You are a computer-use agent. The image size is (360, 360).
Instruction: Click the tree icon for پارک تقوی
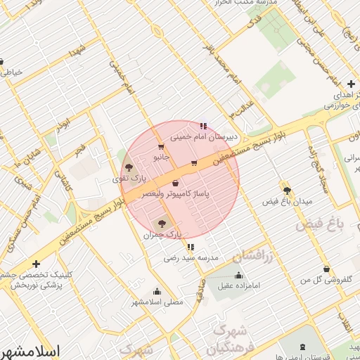[129, 168]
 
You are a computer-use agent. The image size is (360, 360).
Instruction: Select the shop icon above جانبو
[161, 147]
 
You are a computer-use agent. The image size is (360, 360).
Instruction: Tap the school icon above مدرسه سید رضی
[191, 247]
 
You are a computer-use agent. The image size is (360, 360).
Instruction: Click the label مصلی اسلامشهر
[157, 302]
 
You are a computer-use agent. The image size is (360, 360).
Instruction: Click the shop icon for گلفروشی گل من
[326, 269]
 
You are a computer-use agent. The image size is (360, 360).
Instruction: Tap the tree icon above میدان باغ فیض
[286, 190]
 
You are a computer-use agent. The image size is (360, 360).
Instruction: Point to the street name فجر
[79, 148]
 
